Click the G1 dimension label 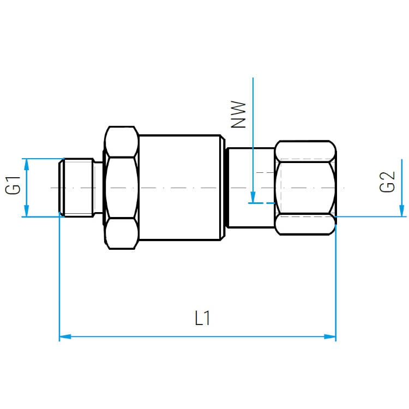click(x=13, y=185)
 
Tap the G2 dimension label click(x=387, y=182)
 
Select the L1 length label click(x=202, y=318)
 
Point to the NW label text click(x=238, y=115)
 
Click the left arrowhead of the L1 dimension click(x=65, y=336)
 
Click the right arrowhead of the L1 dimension click(x=330, y=336)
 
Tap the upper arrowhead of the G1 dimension click(x=26, y=165)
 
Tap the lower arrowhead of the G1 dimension click(x=26, y=210)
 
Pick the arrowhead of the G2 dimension click(x=402, y=210)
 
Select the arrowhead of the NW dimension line click(x=252, y=197)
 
